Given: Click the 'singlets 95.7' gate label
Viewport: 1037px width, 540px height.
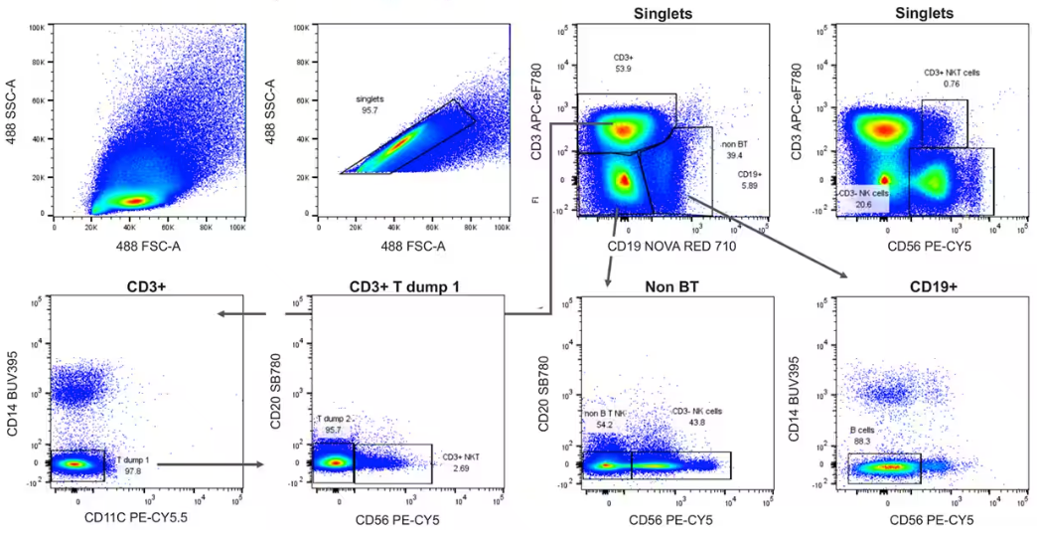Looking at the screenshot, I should pyautogui.click(x=372, y=105).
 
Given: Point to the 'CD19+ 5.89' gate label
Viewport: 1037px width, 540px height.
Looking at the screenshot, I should pyautogui.click(x=748, y=179).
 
